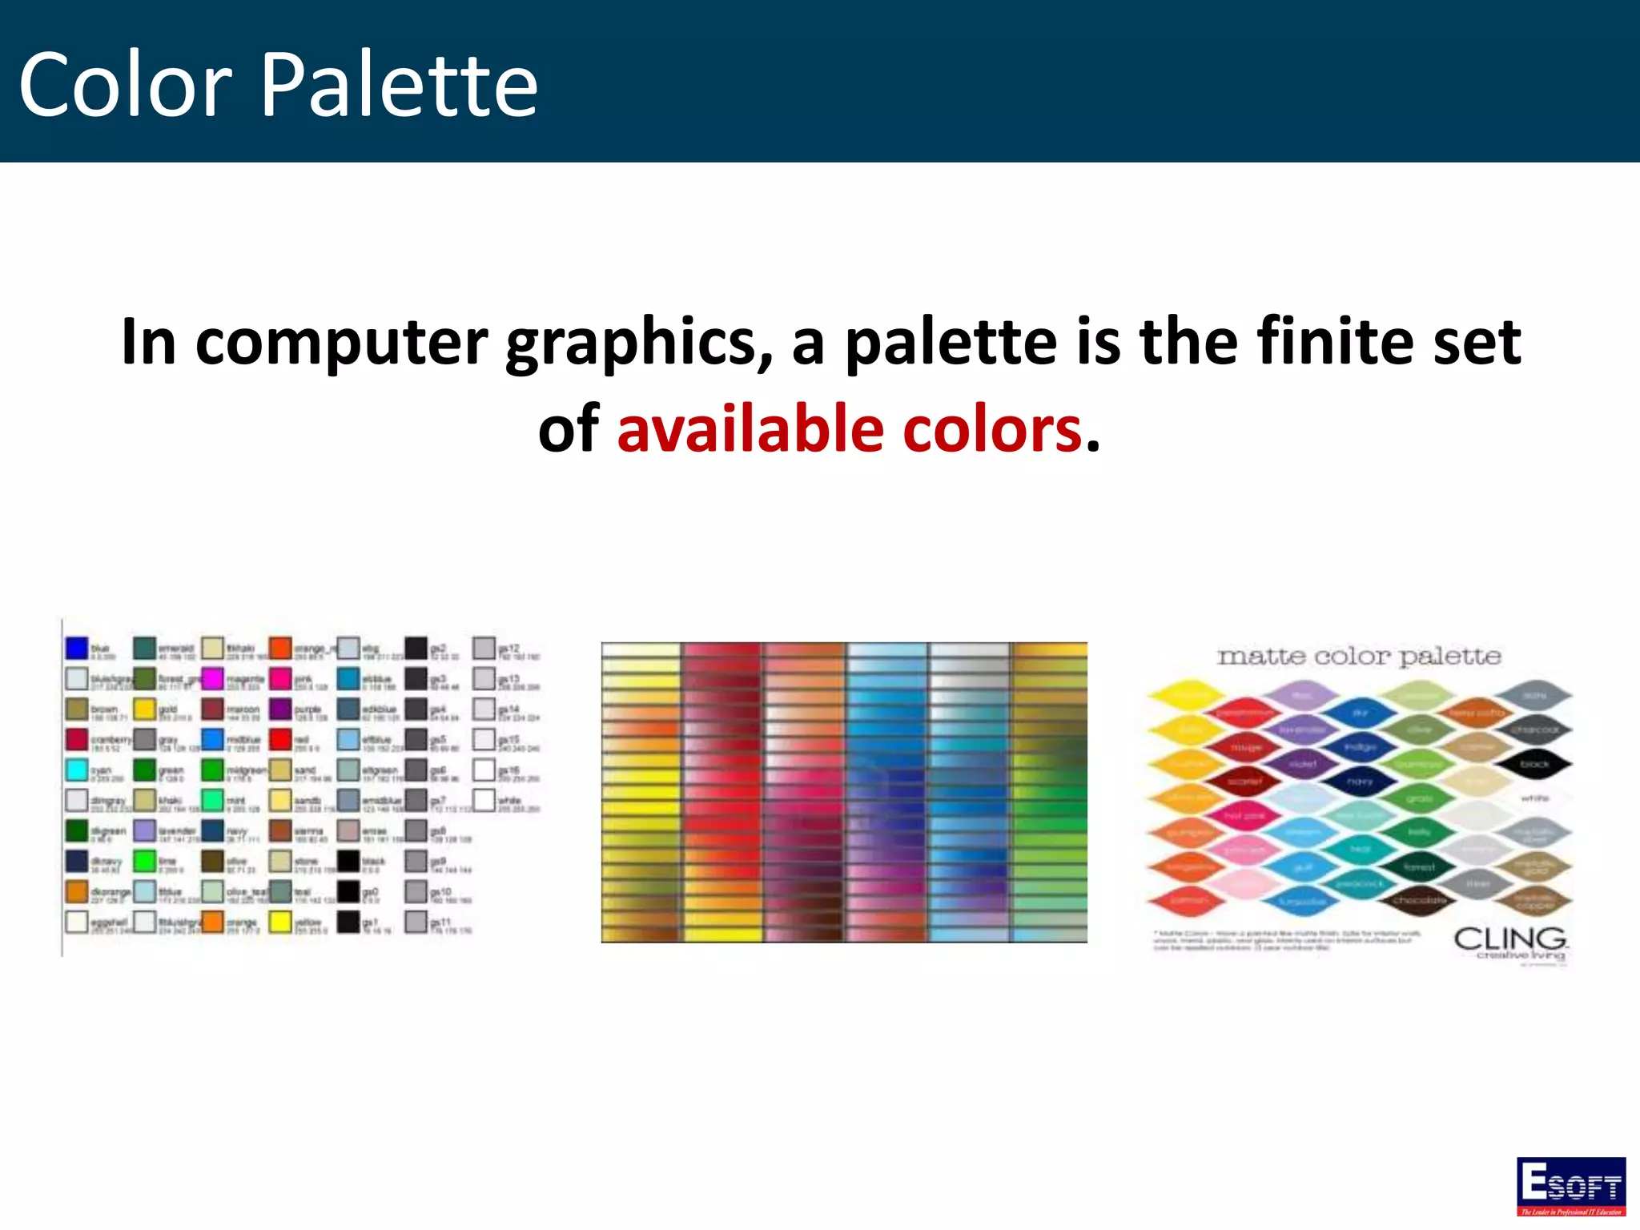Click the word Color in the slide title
coord(126,85)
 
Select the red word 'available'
coord(750,429)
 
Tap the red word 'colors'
coord(993,429)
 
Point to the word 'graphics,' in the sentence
coord(639,343)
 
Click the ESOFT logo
coord(1570,1186)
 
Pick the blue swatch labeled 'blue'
coord(77,648)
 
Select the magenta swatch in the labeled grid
coord(212,679)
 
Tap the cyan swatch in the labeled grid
coord(77,770)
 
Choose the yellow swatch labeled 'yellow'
coord(280,922)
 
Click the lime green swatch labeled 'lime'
coord(145,861)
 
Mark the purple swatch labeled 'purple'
coord(280,709)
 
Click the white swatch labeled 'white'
coord(484,799)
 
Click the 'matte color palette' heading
coord(1358,657)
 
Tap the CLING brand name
coord(1509,938)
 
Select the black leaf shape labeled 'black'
coord(1534,764)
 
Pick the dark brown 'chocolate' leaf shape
coord(1418,900)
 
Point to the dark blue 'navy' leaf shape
coord(1360,781)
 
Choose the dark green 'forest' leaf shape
coord(1418,866)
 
